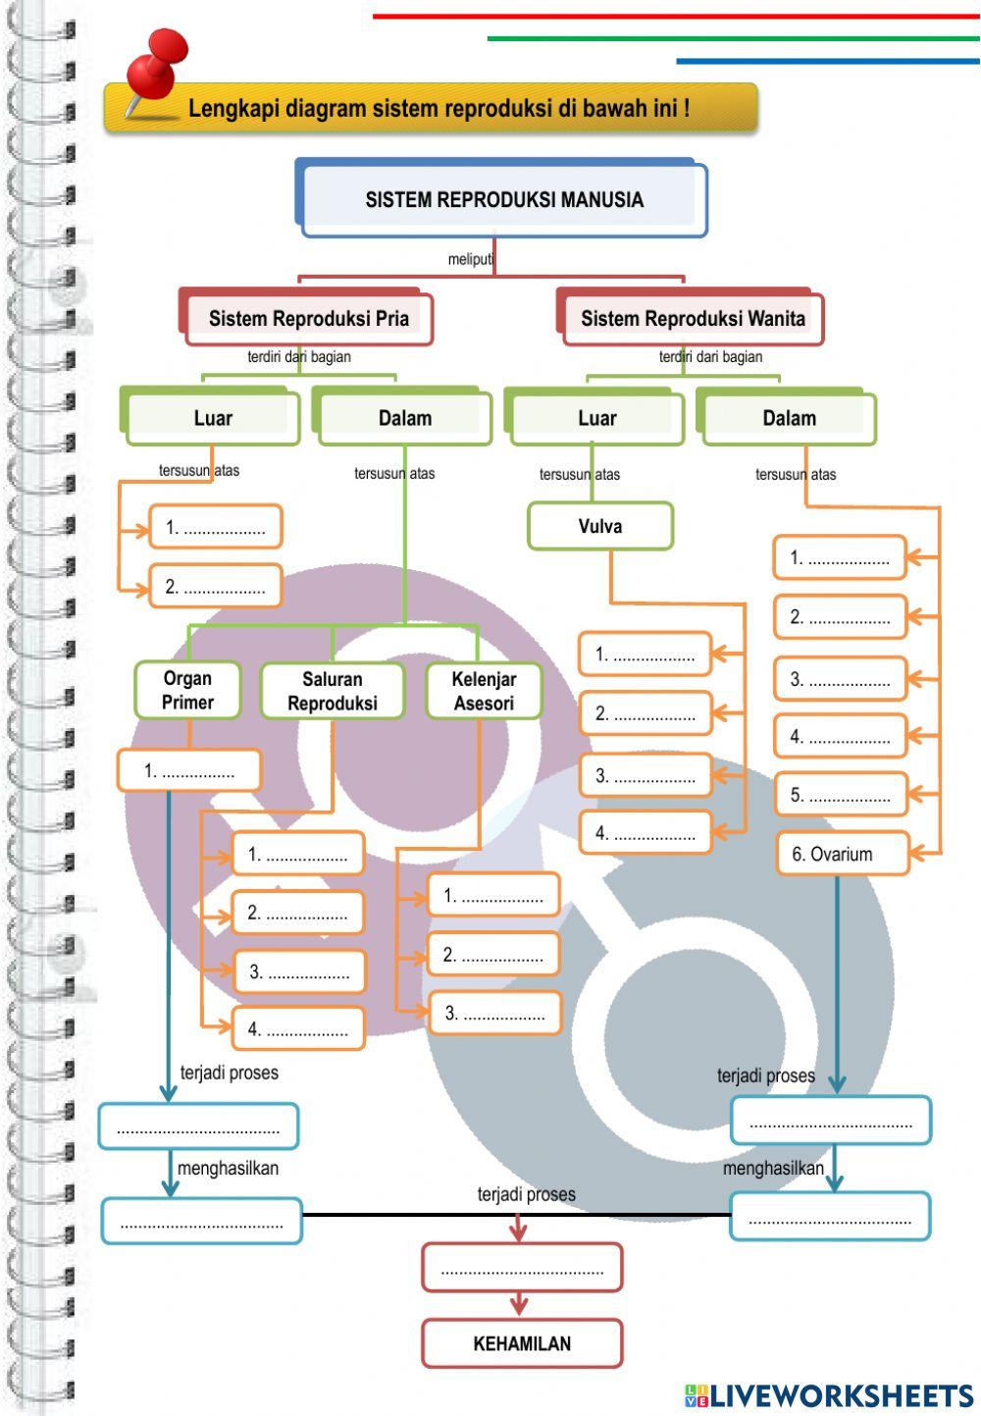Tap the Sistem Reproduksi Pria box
(x=308, y=319)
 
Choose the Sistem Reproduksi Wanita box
(x=693, y=319)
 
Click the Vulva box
(x=600, y=526)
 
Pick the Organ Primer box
(x=187, y=690)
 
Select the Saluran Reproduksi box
(x=333, y=691)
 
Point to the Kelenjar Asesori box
(x=484, y=691)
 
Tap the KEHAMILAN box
(x=522, y=1343)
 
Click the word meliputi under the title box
(x=471, y=259)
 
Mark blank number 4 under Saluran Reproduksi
(x=298, y=1029)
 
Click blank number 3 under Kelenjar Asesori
(x=494, y=1014)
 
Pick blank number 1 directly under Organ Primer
(x=189, y=771)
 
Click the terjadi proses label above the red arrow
(x=526, y=1194)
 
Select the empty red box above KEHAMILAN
(x=522, y=1268)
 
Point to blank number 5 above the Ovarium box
(x=841, y=796)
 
